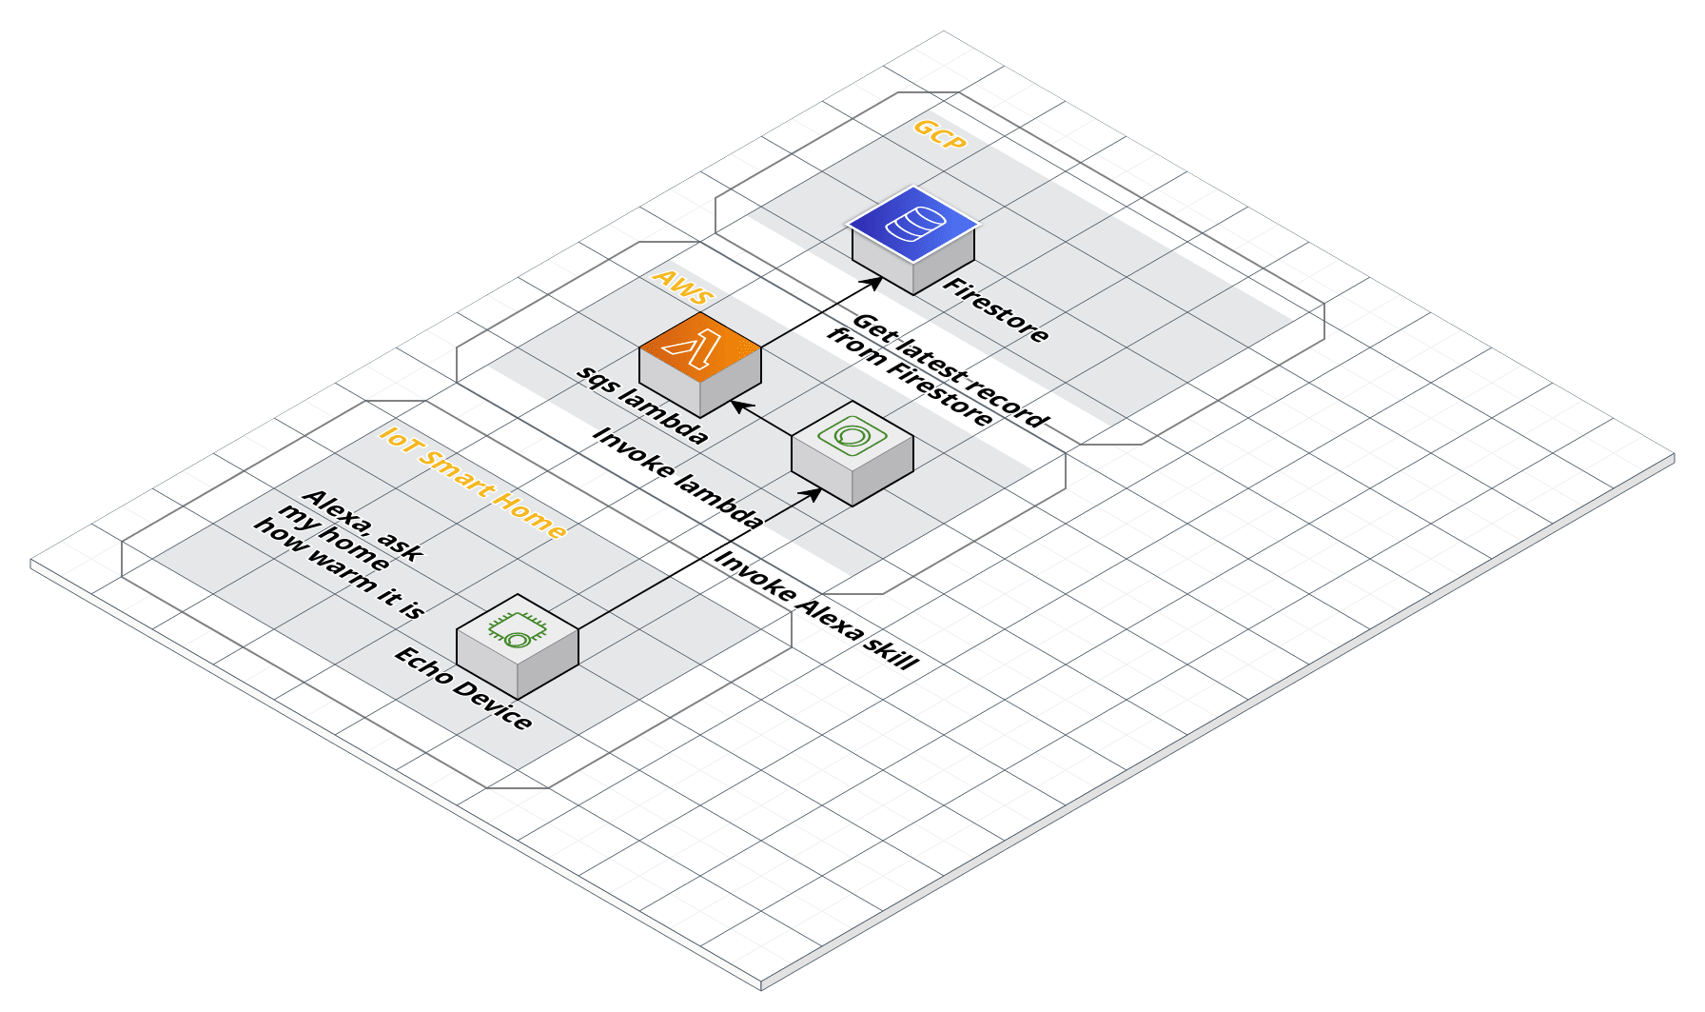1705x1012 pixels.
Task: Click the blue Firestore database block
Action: pos(913,240)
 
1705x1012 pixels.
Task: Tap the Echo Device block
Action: pos(517,646)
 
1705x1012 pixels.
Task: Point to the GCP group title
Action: pos(939,135)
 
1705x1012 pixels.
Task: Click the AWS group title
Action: pos(682,285)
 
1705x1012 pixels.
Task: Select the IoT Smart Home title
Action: pos(473,482)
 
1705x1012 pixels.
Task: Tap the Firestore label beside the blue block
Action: pos(995,310)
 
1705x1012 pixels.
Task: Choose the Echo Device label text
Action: pos(463,687)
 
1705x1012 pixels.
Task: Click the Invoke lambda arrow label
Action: pos(677,477)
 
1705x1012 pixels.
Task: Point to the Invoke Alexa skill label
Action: pos(816,610)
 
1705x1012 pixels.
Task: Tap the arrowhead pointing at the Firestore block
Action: pos(876,281)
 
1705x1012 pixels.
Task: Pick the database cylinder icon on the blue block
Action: pos(913,225)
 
